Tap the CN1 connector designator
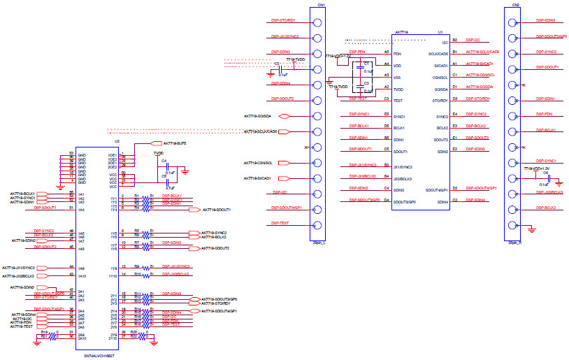[320, 4]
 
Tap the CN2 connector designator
[515, 4]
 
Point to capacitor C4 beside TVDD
[164, 161]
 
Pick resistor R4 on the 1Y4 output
[137, 208]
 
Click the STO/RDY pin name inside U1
[440, 99]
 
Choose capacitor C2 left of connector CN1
[278, 64]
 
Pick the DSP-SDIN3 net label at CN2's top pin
[545, 21]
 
